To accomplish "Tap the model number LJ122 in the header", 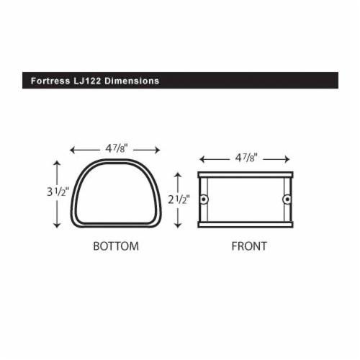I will [86, 81].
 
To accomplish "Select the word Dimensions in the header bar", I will [132, 81].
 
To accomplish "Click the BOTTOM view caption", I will [116, 246].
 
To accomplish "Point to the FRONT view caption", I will [249, 246].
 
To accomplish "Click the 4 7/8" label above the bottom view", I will [116, 149].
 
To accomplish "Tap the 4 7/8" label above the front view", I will [246, 158].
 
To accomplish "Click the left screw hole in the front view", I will [204, 199].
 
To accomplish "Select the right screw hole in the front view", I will [287, 199].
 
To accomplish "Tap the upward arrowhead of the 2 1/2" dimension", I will [177, 174].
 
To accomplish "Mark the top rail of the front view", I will [246, 174].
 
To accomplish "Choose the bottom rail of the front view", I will [246, 225].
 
